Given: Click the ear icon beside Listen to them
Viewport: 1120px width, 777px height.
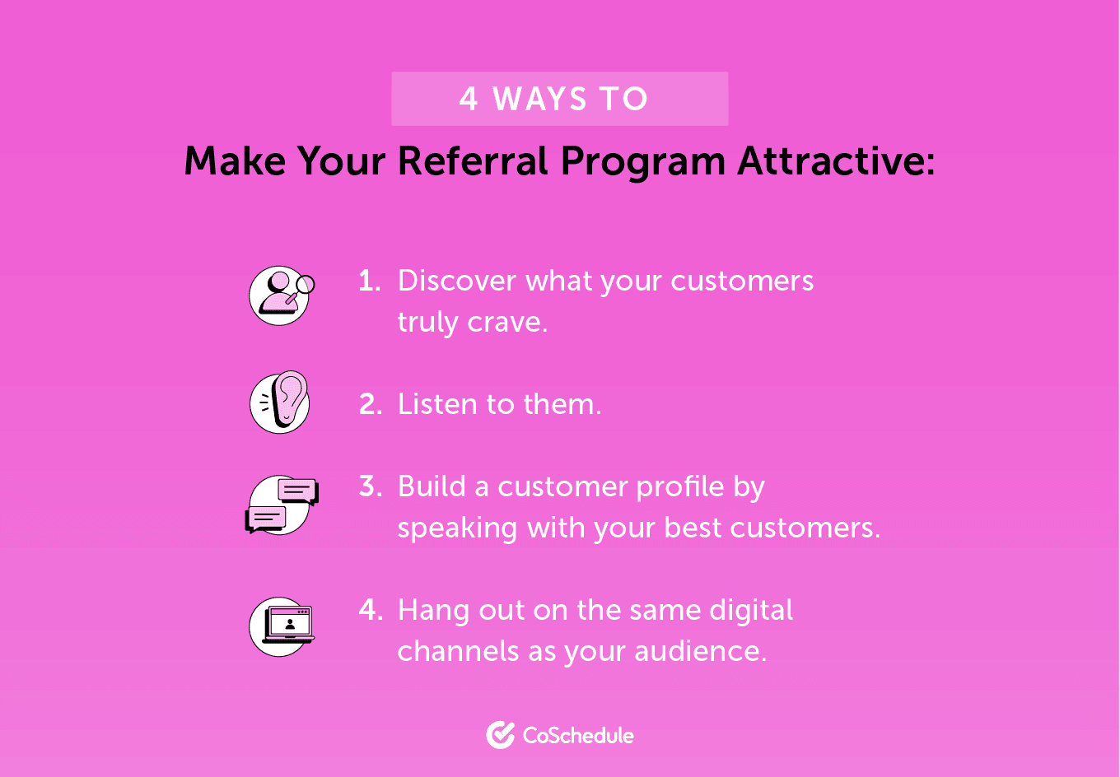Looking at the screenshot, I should [280, 403].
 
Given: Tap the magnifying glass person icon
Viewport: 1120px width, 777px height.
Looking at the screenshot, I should [280, 295].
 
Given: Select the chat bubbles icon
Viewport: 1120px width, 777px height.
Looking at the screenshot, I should [281, 504].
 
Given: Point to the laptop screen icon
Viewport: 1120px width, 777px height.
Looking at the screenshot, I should [281, 626].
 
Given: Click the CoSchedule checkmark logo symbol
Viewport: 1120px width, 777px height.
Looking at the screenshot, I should [500, 735].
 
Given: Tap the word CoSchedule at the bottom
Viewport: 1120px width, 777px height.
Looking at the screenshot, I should [578, 735].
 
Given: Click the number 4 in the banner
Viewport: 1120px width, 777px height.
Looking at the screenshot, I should [469, 99].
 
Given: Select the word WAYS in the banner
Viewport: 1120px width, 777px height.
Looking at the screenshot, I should [540, 99].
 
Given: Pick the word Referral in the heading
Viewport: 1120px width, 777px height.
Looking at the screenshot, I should [474, 161].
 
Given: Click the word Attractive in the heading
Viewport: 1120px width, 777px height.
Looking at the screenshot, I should [834, 161].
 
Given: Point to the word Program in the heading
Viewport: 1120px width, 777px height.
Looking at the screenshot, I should [643, 162].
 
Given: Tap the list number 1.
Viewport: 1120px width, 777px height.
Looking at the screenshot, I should [369, 281].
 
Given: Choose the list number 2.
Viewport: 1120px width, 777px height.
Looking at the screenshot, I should [370, 404].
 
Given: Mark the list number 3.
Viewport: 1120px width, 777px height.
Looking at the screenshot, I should [371, 486].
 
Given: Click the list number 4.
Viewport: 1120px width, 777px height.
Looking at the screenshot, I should [371, 610].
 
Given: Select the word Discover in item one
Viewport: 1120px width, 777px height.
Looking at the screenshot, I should [457, 281].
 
